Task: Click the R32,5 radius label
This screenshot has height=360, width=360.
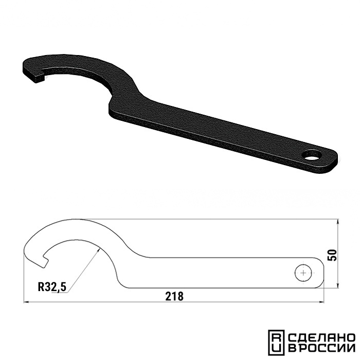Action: coord(52,287)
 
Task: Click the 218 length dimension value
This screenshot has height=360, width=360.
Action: coord(174,296)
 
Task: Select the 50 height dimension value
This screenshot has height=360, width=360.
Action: coord(333,255)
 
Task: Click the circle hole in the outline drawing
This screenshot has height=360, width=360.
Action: coord(303,273)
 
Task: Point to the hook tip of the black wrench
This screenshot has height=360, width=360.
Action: coord(39,79)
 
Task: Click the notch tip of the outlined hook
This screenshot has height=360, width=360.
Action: coord(45,263)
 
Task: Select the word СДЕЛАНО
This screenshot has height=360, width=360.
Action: coord(321,337)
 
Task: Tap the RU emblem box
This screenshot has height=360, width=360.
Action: coord(277,343)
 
